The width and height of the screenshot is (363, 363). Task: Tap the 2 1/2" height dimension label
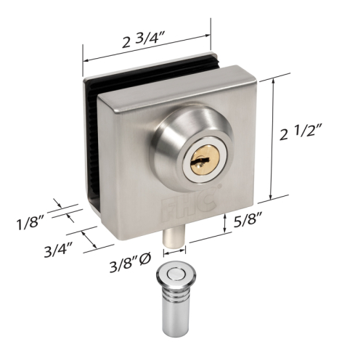[x=301, y=132]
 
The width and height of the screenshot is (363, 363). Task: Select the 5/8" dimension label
[x=248, y=220]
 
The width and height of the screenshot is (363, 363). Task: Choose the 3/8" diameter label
[x=131, y=264]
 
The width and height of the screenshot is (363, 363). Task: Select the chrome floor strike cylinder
[x=176, y=300]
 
